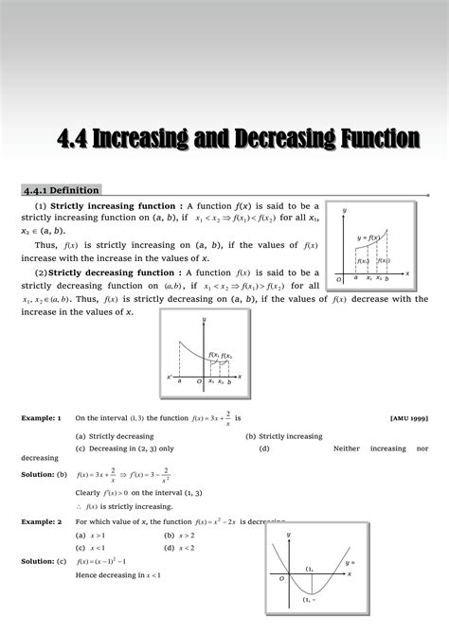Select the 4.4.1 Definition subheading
(x=62, y=190)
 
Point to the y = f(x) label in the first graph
(x=368, y=237)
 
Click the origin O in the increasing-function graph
(x=339, y=280)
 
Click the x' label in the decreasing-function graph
(x=170, y=377)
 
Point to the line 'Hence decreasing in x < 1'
(x=117, y=575)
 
